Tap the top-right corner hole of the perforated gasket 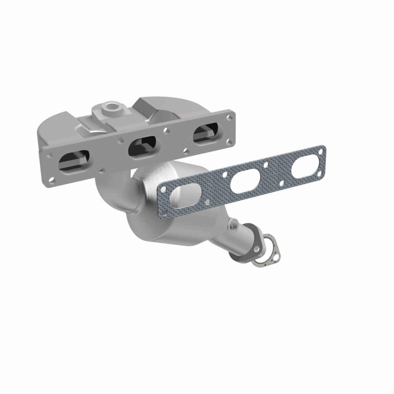point(321,151)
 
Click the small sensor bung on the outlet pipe point(235,224)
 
